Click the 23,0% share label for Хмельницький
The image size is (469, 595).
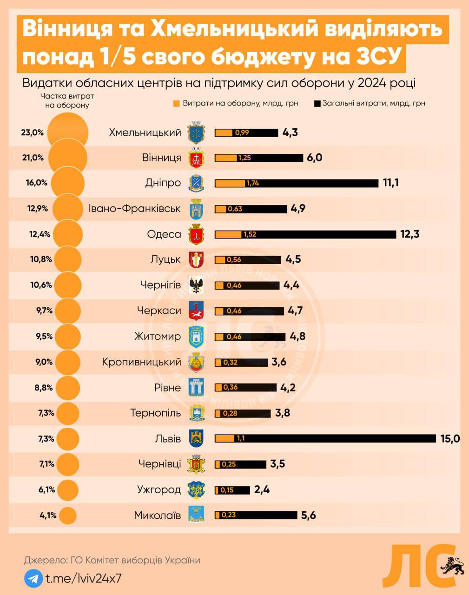pyautogui.click(x=32, y=132)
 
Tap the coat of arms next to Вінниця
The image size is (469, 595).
pyautogui.click(x=196, y=158)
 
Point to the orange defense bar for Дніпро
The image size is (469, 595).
pyautogui.click(x=230, y=183)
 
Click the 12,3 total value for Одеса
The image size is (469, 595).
pyautogui.click(x=410, y=234)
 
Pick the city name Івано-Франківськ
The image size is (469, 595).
pyautogui.click(x=134, y=208)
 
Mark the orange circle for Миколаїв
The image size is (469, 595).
pyautogui.click(x=68, y=516)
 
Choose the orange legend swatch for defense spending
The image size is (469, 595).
pyautogui.click(x=176, y=104)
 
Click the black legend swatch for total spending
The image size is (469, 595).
pyautogui.click(x=317, y=104)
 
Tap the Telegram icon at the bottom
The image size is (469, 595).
pyautogui.click(x=32, y=579)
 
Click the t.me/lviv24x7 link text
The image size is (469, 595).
pyautogui.click(x=83, y=579)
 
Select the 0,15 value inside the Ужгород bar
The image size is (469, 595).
pyautogui.click(x=227, y=490)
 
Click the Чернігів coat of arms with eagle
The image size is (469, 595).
pyautogui.click(x=196, y=285)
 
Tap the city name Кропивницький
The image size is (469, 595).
pyautogui.click(x=141, y=362)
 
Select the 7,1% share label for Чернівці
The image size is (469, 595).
pyautogui.click(x=46, y=464)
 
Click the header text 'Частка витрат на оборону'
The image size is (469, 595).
pyautogui.click(x=67, y=100)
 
